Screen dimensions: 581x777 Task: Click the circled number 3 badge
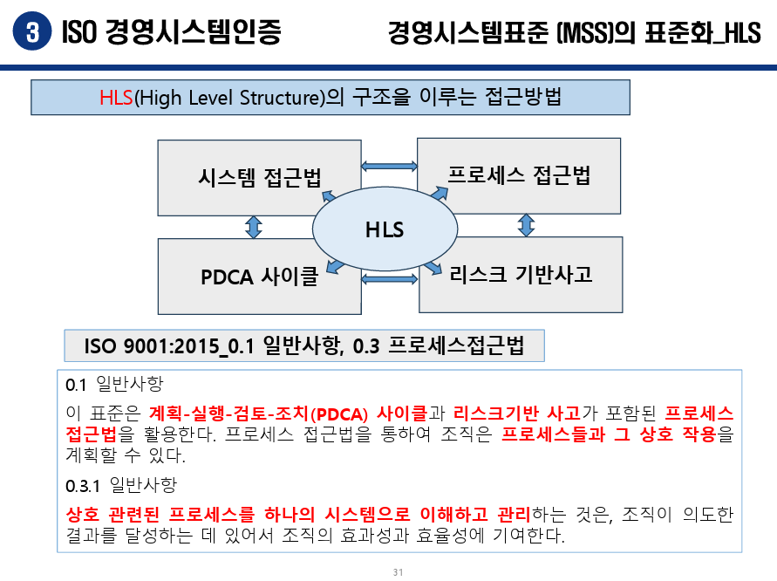pyautogui.click(x=32, y=33)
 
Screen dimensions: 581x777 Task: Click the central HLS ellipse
pyautogui.click(x=385, y=230)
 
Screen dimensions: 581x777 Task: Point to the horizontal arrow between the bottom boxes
pyautogui.click(x=389, y=279)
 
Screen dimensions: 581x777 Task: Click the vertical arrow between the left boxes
pyautogui.click(x=254, y=228)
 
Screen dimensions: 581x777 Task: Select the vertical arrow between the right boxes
pyautogui.click(x=526, y=224)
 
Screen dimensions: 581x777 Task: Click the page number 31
pyautogui.click(x=399, y=572)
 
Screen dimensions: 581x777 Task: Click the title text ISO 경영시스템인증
pyautogui.click(x=172, y=33)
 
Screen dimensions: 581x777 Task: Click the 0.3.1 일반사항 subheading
pyautogui.click(x=114, y=484)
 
